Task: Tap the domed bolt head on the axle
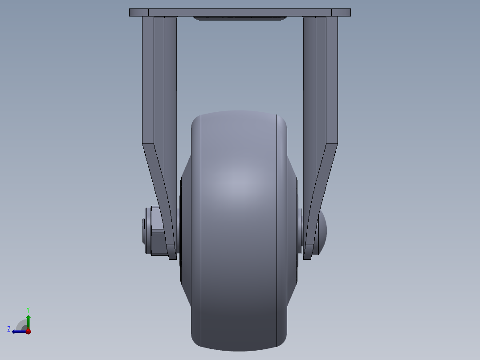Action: click(322, 231)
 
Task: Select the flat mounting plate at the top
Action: click(240, 12)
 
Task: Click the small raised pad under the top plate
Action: click(240, 19)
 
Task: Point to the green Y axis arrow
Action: click(28, 321)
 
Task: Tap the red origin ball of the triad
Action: click(28, 331)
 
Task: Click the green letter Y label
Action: click(28, 309)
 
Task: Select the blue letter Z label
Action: click(9, 329)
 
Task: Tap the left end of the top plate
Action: click(131, 12)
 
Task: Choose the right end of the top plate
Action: click(349, 12)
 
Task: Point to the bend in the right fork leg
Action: click(331, 145)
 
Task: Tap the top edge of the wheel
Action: click(239, 111)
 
